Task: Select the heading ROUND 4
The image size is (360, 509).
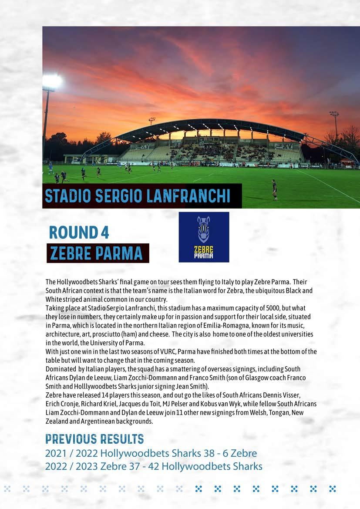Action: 79,232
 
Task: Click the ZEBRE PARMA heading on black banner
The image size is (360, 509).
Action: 97,253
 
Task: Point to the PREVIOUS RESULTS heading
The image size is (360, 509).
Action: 94,438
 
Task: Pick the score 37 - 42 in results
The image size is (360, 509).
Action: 166,466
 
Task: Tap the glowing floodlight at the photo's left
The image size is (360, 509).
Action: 52,81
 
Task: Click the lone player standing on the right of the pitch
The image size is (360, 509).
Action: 274,189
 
